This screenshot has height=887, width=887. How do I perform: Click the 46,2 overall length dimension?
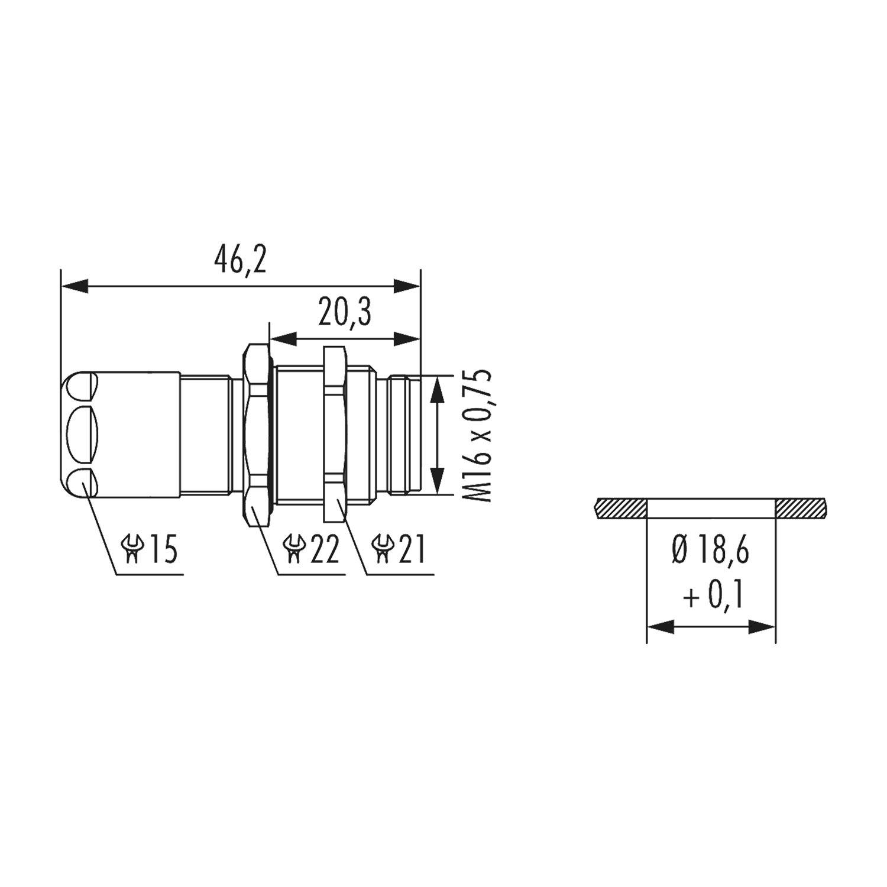click(x=240, y=261)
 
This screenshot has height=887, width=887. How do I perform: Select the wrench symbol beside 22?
click(x=293, y=549)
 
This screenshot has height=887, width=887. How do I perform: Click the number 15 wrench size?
click(x=162, y=549)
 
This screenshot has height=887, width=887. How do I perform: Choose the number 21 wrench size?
click(x=412, y=549)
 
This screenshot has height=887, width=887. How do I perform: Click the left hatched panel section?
click(x=620, y=508)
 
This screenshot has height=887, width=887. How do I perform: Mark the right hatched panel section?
click(x=801, y=508)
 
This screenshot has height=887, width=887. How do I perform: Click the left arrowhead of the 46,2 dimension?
click(x=75, y=287)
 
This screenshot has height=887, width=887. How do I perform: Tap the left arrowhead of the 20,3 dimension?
click(x=283, y=339)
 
